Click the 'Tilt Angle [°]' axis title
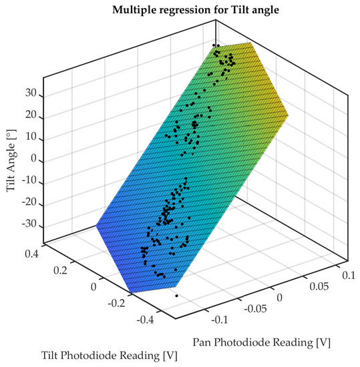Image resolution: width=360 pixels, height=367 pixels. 11,162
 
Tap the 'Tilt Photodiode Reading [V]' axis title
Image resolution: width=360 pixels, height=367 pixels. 110,356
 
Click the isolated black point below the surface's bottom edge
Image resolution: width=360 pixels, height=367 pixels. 176,296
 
